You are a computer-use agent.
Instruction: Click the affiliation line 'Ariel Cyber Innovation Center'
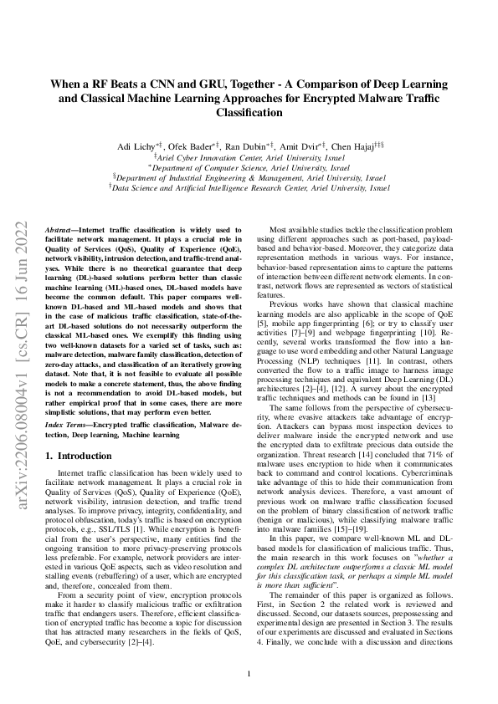pos(249,156)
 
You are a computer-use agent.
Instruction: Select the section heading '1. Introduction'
pos(80,456)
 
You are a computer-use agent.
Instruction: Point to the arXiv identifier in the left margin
pos(24,351)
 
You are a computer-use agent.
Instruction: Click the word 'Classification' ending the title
pos(249,111)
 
